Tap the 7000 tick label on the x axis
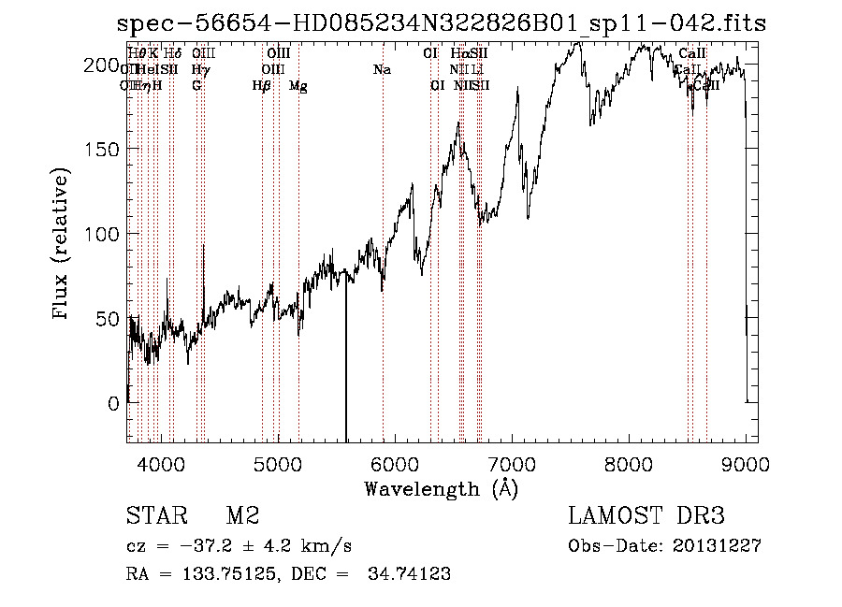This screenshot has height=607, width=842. pyautogui.click(x=512, y=463)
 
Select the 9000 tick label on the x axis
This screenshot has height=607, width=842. pyautogui.click(x=746, y=463)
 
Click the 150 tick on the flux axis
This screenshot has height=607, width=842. pyautogui.click(x=127, y=149)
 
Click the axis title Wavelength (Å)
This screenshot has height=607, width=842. pyautogui.click(x=441, y=487)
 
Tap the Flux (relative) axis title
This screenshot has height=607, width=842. pyautogui.click(x=63, y=245)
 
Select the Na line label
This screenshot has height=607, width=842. pyautogui.click(x=382, y=70)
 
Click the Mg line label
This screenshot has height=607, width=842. pyautogui.click(x=298, y=86)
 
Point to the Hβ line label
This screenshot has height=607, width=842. pyautogui.click(x=262, y=86)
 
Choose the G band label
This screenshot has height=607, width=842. pyautogui.click(x=196, y=86)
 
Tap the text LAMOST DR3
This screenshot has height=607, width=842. pyautogui.click(x=646, y=516)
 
